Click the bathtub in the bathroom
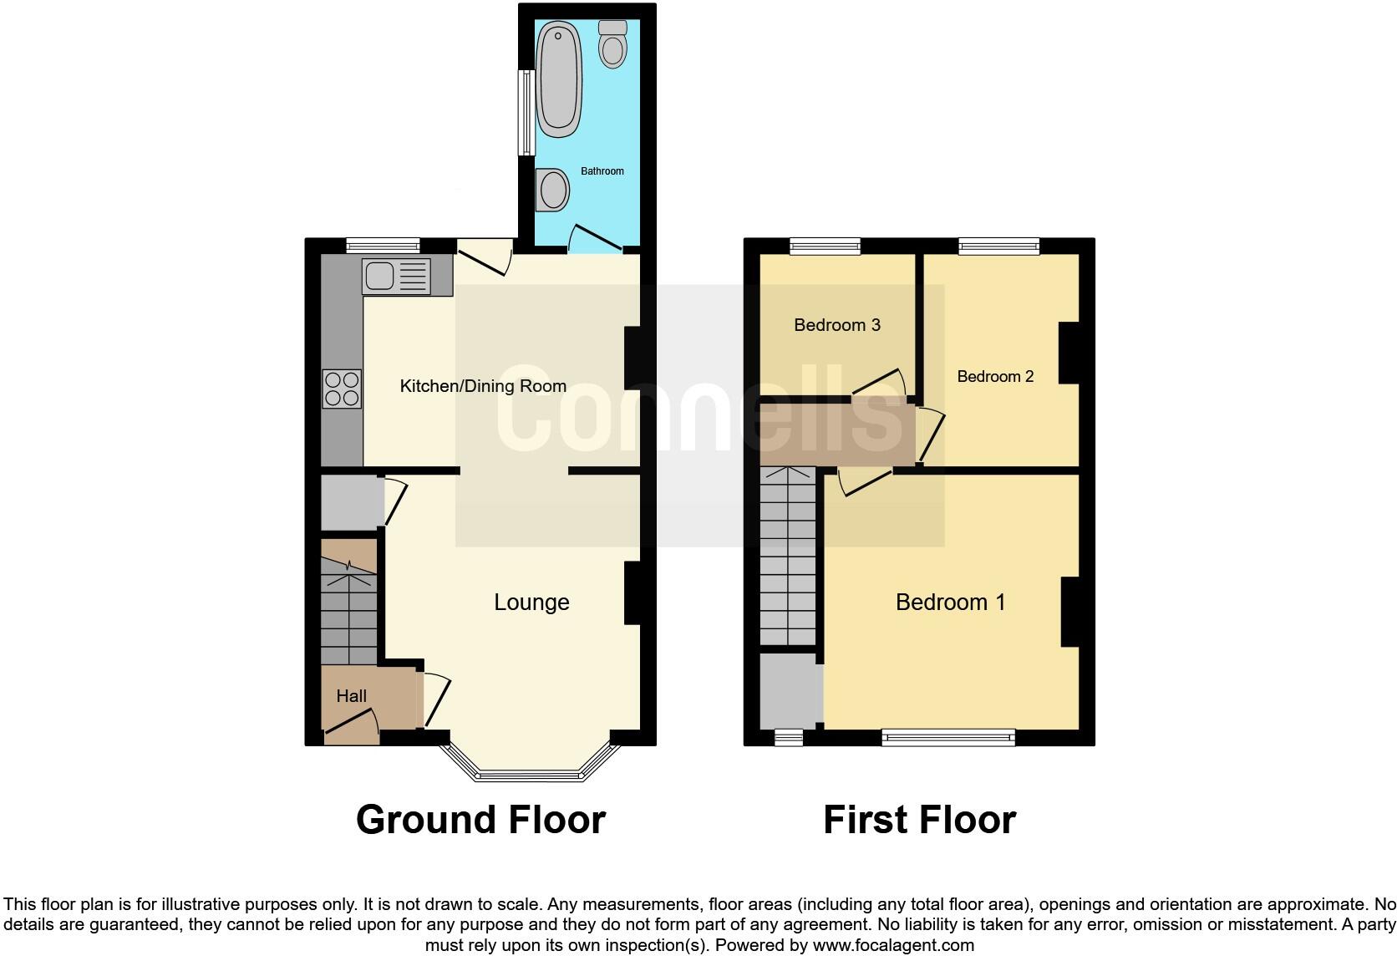coord(558,79)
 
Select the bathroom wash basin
coord(551,189)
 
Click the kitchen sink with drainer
coord(396,276)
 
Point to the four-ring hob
coord(342,389)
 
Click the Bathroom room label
coord(602,171)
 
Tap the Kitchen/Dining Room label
coord(483,386)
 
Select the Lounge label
coord(531,603)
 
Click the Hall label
coord(352,696)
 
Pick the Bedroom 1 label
coord(950,603)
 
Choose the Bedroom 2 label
coord(995,377)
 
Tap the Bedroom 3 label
coord(836,325)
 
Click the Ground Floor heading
coord(480,820)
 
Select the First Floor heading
coord(919,820)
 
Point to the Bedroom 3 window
coord(825,246)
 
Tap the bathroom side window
coord(526,113)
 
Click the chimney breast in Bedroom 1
coord(1069,612)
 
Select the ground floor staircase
coord(349,606)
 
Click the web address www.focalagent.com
coord(893,946)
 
